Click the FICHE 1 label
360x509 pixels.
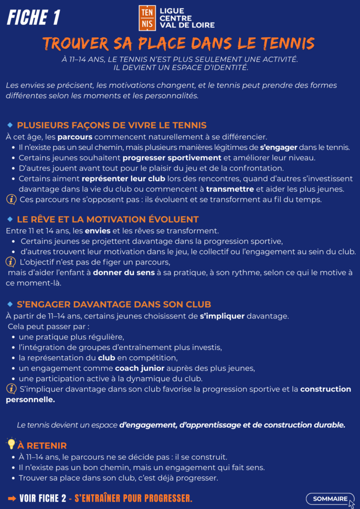[x=33, y=17]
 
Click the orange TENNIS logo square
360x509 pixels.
[x=147, y=18]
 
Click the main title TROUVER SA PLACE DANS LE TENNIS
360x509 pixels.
[x=179, y=44]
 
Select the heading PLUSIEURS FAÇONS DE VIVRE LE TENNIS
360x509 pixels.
[x=111, y=125]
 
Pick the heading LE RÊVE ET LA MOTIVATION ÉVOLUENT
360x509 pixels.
[x=107, y=219]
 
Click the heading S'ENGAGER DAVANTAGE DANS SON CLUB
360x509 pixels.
[x=114, y=304]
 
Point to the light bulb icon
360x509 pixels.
[x=11, y=444]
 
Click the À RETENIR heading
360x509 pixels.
[x=42, y=445]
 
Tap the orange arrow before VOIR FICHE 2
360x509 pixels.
[x=11, y=499]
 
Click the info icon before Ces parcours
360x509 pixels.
[x=11, y=200]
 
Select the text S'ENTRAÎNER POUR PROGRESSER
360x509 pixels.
[x=133, y=499]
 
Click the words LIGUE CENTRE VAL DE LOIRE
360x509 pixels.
[x=180, y=18]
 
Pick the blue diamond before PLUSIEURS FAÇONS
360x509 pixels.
[x=10, y=125]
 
